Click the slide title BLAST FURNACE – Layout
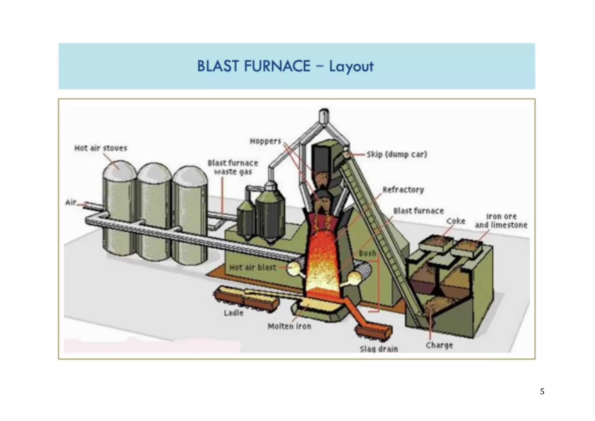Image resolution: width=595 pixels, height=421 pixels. pyautogui.click(x=285, y=66)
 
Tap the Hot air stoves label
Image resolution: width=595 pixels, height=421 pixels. pyautogui.click(x=101, y=148)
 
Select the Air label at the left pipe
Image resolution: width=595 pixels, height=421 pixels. pyautogui.click(x=71, y=202)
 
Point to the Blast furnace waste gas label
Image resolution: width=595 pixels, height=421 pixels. pyautogui.click(x=233, y=167)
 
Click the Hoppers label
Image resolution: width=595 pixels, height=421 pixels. pyautogui.click(x=265, y=141)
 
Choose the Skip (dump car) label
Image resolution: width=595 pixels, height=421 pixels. pyautogui.click(x=397, y=154)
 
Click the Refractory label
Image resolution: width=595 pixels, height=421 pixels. pyautogui.click(x=403, y=190)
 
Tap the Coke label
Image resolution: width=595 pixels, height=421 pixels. pyautogui.click(x=456, y=221)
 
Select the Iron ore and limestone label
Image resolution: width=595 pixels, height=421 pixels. pyautogui.click(x=501, y=221)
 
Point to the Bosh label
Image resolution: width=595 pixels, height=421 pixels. pyautogui.click(x=367, y=254)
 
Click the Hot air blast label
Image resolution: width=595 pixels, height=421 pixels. pyautogui.click(x=252, y=267)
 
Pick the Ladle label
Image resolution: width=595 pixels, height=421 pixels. pyautogui.click(x=233, y=313)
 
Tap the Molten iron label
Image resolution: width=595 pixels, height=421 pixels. pyautogui.click(x=289, y=327)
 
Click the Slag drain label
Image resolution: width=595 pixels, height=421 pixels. pyautogui.click(x=379, y=349)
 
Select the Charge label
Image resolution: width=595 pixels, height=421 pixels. pyautogui.click(x=439, y=345)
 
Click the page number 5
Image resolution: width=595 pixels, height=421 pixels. pyautogui.click(x=542, y=392)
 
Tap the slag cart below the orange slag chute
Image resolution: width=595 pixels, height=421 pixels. pyautogui.click(x=374, y=333)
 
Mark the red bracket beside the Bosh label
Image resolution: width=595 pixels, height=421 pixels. pyautogui.click(x=378, y=285)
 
